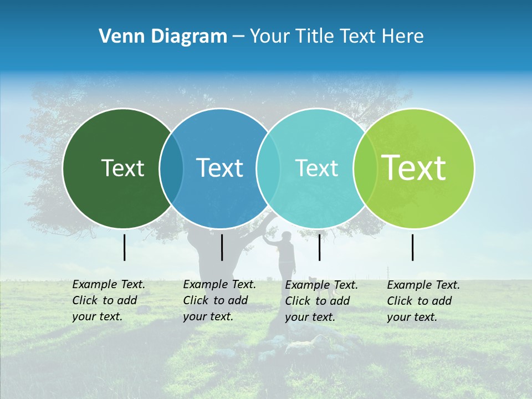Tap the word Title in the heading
coord(314,37)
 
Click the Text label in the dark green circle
coord(122,168)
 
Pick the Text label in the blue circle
coord(219,168)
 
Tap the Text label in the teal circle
coord(316,168)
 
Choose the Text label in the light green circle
coord(413,168)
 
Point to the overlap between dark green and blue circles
coord(171,168)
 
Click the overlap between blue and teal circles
coord(268,168)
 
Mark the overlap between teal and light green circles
coord(365,168)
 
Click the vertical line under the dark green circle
coord(125,247)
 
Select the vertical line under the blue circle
coord(222,247)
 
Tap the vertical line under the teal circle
coord(319,247)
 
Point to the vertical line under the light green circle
coord(413,247)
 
